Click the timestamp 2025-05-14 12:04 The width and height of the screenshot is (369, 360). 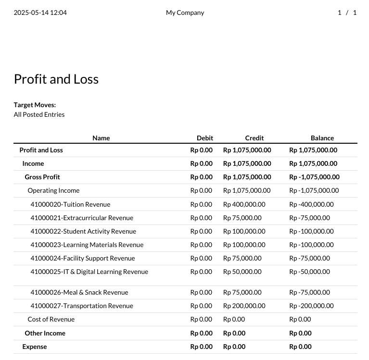pos(40,13)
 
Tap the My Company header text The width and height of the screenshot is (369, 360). pos(185,13)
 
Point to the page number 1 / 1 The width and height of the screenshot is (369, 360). pos(347,13)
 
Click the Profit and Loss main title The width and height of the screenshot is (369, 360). pos(56,79)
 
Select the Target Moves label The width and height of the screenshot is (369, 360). pos(35,105)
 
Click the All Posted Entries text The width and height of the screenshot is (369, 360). pos(39,114)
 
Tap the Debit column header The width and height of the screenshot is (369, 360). pos(204,138)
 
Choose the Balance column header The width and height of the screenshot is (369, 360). pos(322,138)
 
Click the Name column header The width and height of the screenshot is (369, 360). pos(101,138)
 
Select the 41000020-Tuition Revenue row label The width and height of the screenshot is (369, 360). pos(70,204)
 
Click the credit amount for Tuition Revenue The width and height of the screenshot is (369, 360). pos(244,204)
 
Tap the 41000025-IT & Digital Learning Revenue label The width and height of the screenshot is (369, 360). pos(89,272)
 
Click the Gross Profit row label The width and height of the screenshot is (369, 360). pos(42,177)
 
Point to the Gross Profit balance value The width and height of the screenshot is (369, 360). pos(314,177)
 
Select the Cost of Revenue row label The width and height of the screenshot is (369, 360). pos(51,319)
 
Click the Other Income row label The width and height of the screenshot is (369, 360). pos(45,333)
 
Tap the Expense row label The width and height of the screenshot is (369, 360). pos(35,347)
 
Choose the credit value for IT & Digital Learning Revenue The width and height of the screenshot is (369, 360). pos(242,272)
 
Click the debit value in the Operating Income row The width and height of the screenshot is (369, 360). pos(201,190)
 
